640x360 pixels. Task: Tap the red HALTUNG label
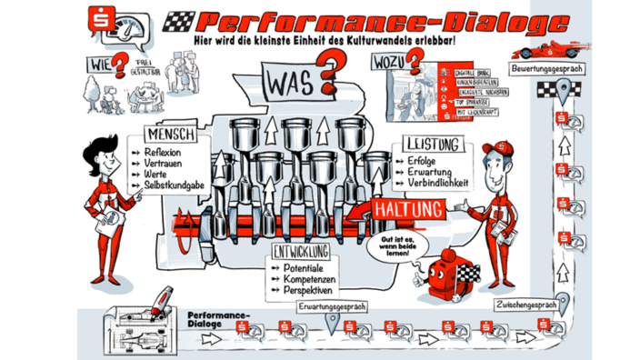[407, 208]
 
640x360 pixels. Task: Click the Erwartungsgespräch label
[330, 307]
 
